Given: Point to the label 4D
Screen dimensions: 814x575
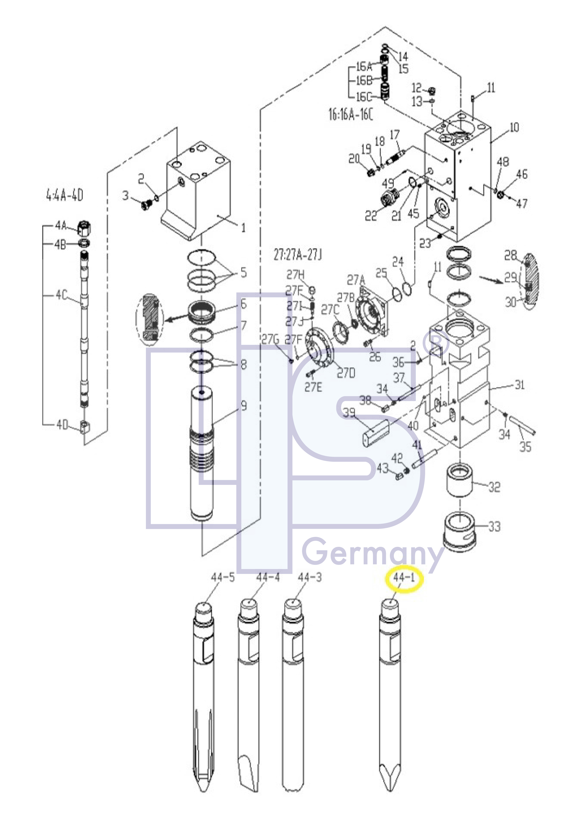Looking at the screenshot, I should (62, 424).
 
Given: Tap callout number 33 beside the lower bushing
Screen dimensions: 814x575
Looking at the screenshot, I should (495, 526).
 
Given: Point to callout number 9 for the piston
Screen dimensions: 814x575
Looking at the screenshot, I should (244, 406).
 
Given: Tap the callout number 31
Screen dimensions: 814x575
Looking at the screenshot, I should (519, 385).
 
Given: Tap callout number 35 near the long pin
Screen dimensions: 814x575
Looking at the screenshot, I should (525, 447).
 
